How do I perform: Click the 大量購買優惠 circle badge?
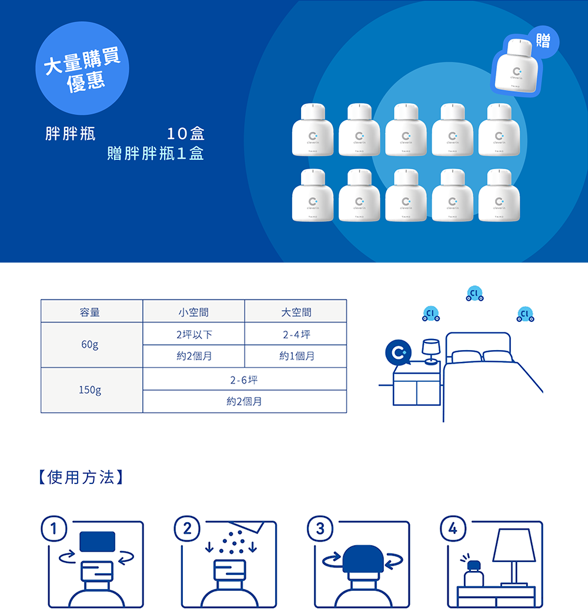click(83, 68)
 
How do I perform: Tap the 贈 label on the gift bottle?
click(543, 41)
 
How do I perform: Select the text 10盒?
click(186, 134)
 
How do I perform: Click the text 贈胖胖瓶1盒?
click(155, 154)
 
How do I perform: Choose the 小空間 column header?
click(193, 312)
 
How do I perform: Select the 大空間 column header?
click(296, 312)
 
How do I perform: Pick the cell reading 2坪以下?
click(193, 334)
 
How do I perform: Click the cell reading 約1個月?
click(296, 356)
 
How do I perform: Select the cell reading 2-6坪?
click(244, 379)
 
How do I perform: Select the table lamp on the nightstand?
click(430, 351)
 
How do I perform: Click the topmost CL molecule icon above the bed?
click(475, 293)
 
